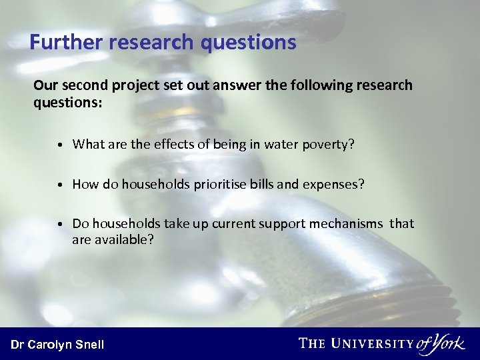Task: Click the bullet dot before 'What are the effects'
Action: coord(60,145)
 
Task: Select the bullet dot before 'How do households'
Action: coord(60,185)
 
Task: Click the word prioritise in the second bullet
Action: coord(223,184)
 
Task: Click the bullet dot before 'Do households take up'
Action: coord(60,224)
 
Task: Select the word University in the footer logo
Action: coord(372,343)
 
